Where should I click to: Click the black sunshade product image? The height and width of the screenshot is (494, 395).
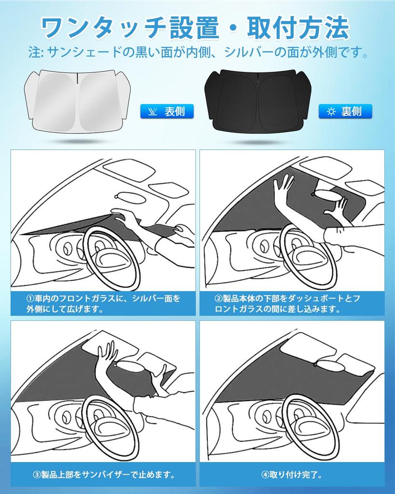(x=256, y=100)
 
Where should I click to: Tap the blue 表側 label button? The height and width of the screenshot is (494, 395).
(x=167, y=111)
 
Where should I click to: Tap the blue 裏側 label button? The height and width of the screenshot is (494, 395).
(x=345, y=111)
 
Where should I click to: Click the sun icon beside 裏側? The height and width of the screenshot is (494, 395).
(x=331, y=112)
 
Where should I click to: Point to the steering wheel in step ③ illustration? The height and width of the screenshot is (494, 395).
(x=110, y=427)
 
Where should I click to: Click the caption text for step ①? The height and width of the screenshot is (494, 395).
(x=103, y=304)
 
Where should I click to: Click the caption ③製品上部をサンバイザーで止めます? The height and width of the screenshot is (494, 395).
(x=103, y=475)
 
